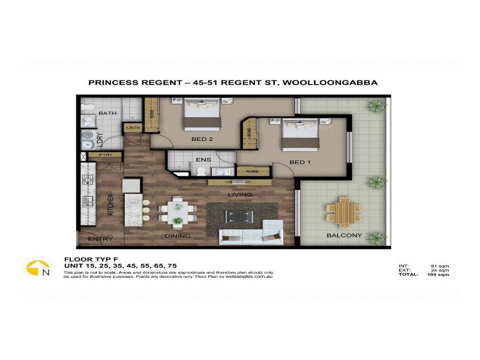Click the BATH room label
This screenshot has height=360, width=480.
coord(107,113)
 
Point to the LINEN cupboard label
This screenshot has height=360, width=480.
coord(133,128)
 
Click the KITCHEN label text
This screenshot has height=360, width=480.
coord(110,205)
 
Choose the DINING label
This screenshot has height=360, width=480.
coord(178,236)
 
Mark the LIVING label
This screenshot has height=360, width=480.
coord(239,194)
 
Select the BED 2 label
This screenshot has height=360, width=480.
coord(202,139)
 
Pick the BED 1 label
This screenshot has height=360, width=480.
coord(300,163)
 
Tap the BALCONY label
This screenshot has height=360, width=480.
coord(344,235)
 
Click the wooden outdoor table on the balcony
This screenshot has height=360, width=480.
coord(344,211)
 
